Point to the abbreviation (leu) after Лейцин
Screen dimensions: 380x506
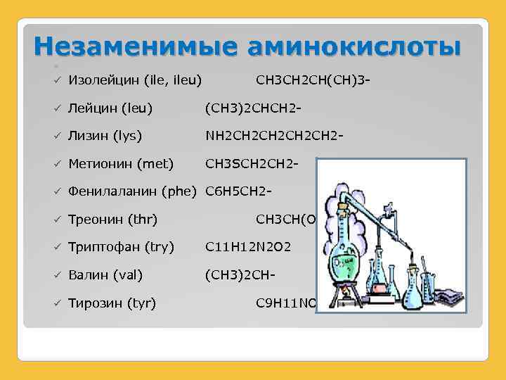[137, 108]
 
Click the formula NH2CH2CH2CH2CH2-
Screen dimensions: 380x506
[274, 136]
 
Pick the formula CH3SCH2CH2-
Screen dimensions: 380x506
[252, 164]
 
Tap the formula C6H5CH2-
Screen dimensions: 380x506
[238, 191]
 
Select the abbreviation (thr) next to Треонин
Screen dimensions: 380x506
[143, 220]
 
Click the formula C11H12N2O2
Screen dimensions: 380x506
[248, 247]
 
